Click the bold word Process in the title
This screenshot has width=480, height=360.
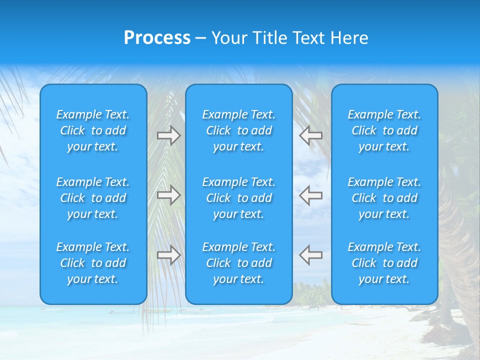tap(157, 38)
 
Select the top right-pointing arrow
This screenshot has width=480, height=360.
tap(168, 135)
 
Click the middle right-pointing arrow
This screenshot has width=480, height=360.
tap(168, 195)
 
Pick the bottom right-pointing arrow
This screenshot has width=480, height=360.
tap(168, 255)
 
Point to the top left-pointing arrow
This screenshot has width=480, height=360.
tap(311, 135)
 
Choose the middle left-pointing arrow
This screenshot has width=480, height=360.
tap(311, 195)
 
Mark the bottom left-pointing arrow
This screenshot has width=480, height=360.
tap(311, 255)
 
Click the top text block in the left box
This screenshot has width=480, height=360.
tap(93, 130)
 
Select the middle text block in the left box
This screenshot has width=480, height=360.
tap(93, 198)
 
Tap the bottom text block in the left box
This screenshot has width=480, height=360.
tap(93, 263)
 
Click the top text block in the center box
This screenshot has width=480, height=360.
tap(239, 130)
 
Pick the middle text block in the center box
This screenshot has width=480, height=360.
tap(239, 198)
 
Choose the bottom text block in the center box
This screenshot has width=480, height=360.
tap(239, 263)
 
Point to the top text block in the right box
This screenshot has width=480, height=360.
tap(384, 130)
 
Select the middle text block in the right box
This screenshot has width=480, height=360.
tap(384, 198)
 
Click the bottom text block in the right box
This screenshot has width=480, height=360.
tap(384, 263)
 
